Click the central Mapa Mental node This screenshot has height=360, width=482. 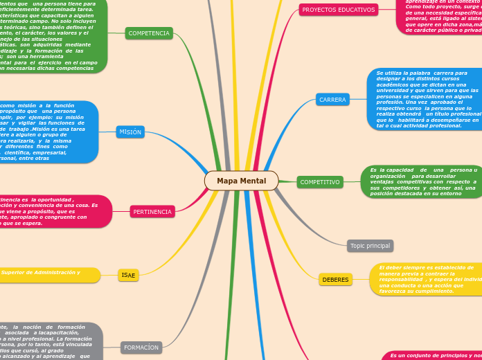point(241,181)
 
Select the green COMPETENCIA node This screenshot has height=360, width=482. point(149,33)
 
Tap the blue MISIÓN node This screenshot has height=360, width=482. point(130,132)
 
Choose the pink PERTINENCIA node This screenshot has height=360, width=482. point(152,212)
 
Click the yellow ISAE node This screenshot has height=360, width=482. point(129,275)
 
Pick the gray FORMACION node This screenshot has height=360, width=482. point(141,347)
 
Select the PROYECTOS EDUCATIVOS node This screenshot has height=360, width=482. point(339,10)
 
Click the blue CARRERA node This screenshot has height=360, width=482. point(332,100)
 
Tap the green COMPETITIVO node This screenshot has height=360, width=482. point(320,182)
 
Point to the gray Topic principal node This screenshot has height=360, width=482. point(370,246)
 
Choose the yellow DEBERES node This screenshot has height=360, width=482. point(335,280)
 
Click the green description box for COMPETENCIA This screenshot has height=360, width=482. point(52,35)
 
